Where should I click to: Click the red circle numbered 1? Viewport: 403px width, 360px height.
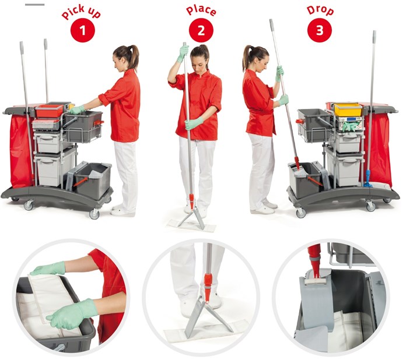pos(83,30)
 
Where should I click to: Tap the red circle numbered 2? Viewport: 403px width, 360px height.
pos(201,30)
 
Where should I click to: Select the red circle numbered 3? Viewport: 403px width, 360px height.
pos(320,30)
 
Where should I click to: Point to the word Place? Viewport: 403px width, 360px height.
pos(201,10)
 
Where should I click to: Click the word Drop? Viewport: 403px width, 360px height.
pos(320,10)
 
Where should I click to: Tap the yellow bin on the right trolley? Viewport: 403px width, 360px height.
pos(348,109)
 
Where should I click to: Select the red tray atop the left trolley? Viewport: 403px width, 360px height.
pos(49,111)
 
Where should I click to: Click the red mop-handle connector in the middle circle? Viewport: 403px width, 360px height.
pos(208,287)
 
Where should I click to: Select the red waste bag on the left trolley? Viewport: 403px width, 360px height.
pos(22,151)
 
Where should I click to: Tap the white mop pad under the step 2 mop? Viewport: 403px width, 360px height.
pos(191,225)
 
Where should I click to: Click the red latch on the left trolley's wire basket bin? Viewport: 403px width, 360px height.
pos(99,123)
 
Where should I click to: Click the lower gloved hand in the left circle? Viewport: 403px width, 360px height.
pos(72,314)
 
